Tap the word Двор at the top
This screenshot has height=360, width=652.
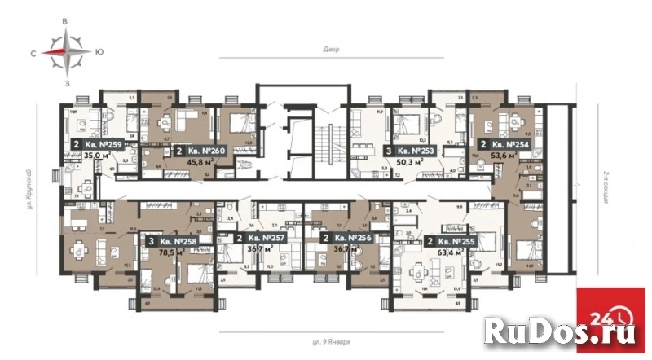click(x=331, y=50)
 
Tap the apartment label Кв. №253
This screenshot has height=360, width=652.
click(x=418, y=151)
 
